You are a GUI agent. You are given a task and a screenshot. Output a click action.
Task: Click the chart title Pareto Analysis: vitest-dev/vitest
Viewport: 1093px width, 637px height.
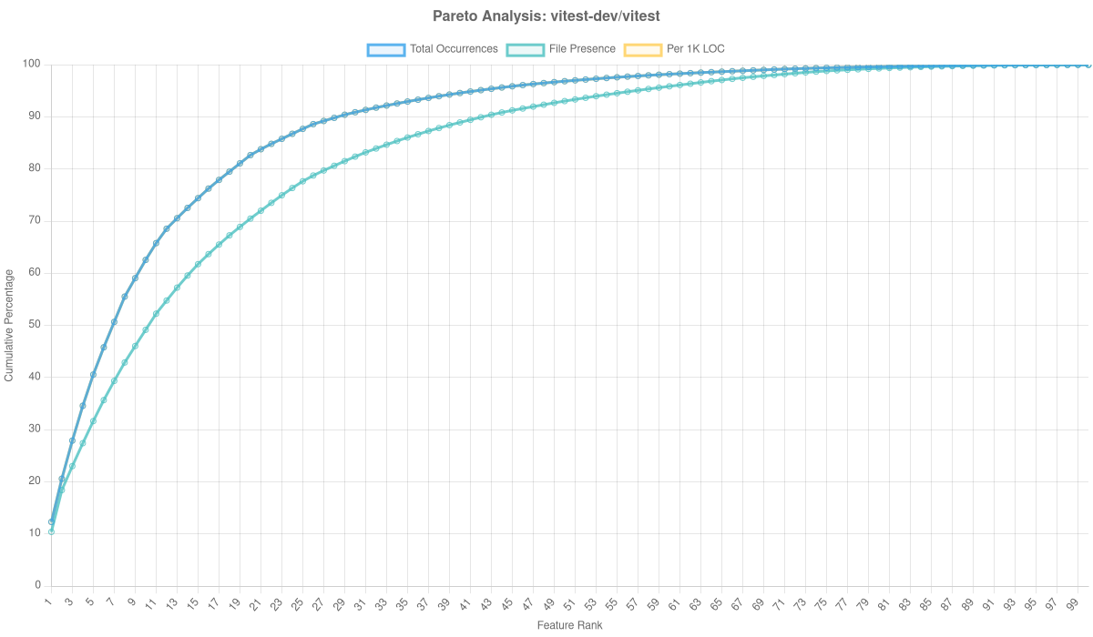tap(546, 16)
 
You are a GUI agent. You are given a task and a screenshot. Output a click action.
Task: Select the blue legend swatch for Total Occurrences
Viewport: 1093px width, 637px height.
tap(385, 49)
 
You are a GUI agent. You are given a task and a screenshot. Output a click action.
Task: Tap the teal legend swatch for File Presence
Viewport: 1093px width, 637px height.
tap(525, 49)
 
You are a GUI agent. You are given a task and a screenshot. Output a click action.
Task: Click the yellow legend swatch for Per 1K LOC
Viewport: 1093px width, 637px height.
tap(642, 49)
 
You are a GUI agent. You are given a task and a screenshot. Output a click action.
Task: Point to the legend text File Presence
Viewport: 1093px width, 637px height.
tap(582, 49)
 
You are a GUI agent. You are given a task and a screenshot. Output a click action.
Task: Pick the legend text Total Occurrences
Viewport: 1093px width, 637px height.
tap(454, 49)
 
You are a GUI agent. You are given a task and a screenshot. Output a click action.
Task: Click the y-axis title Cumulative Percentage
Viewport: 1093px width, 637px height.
tap(8, 324)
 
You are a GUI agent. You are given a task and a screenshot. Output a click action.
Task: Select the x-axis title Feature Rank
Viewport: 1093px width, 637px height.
tap(569, 626)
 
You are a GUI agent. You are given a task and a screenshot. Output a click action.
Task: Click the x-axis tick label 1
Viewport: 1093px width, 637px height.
tap(49, 602)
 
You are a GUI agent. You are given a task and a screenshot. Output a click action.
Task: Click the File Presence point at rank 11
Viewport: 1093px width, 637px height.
tap(156, 314)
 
